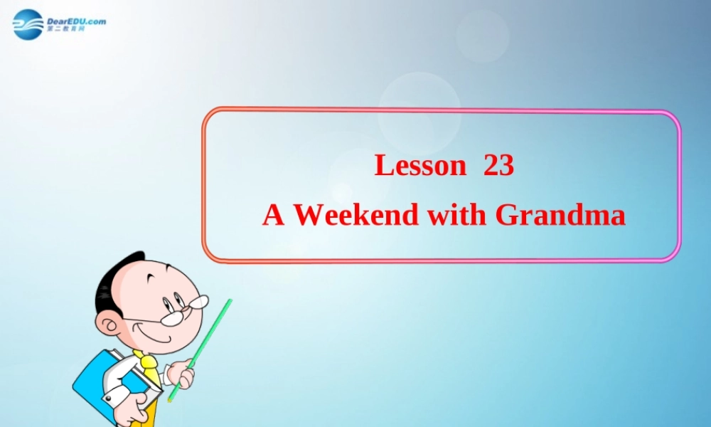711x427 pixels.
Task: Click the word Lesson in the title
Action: pos(419,166)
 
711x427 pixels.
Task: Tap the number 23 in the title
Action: pos(498,166)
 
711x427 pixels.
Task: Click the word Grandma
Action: pos(560,214)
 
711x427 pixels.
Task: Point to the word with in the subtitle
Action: pos(457,214)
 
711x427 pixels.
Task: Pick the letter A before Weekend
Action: pos(273,214)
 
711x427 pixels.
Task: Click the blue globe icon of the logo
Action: pos(28,24)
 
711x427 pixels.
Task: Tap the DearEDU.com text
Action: pos(76,21)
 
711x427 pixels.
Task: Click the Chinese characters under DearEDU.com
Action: pos(65,30)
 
